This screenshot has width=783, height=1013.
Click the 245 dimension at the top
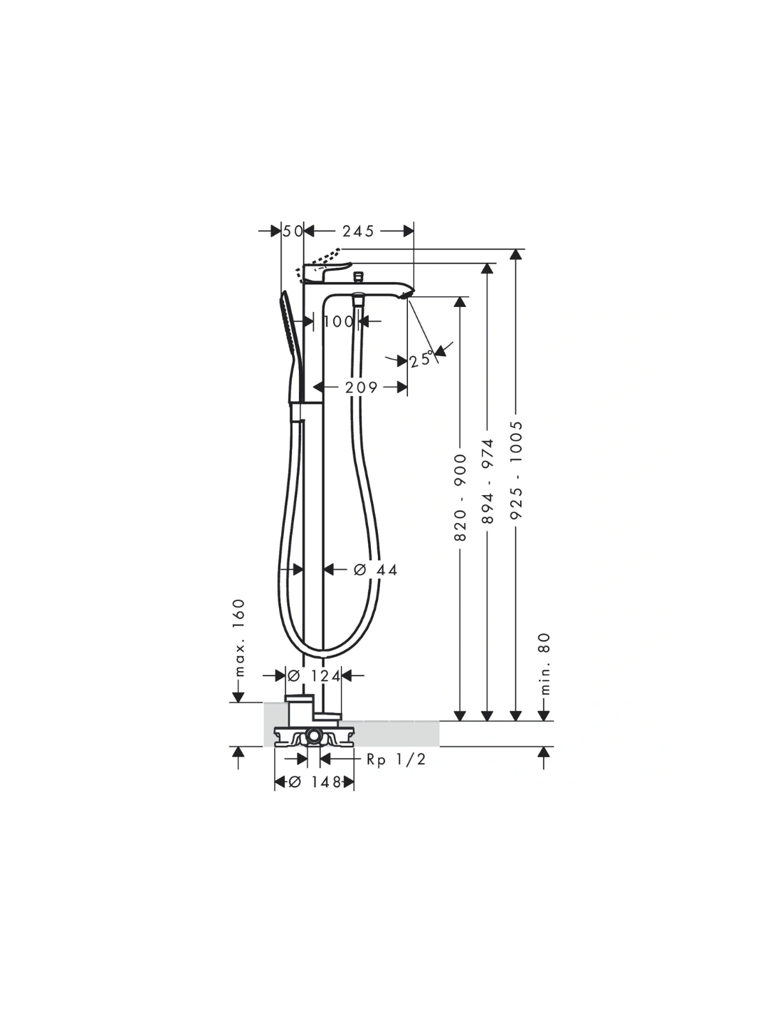tap(358, 231)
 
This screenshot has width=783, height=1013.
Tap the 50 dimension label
tap(293, 231)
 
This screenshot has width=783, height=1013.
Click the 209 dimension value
tap(361, 387)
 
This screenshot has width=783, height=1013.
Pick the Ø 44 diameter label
tap(375, 570)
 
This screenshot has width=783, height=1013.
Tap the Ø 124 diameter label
tap(314, 675)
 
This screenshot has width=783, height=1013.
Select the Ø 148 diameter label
tap(315, 781)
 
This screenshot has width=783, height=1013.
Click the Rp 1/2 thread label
tap(396, 759)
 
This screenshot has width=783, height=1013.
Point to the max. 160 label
tap(239, 638)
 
